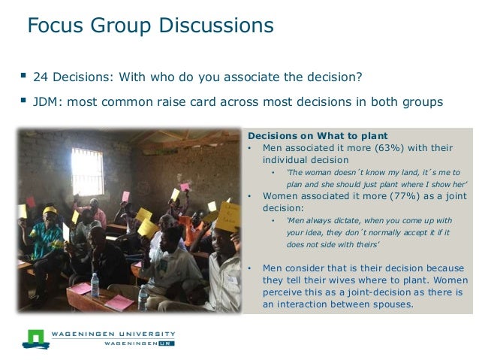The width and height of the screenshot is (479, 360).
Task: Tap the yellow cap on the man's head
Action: [50, 211]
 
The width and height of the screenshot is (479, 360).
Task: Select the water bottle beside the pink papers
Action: [95, 285]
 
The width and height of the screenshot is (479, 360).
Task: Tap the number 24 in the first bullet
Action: [41, 77]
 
